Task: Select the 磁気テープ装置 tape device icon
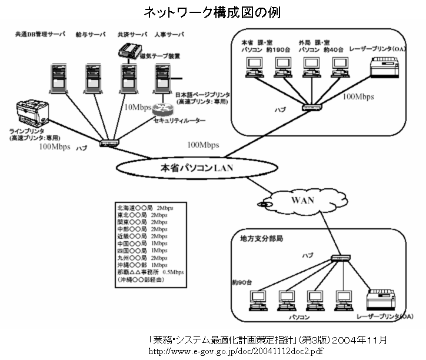(130, 50)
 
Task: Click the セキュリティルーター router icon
(162, 109)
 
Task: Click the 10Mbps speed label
(137, 108)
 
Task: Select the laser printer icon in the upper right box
(385, 71)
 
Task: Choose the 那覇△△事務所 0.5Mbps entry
(151, 272)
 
